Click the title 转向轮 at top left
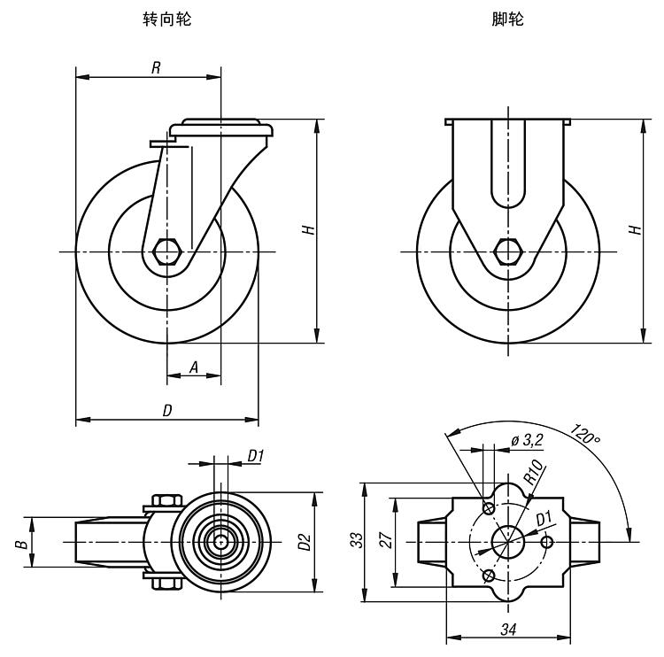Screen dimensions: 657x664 click(166, 19)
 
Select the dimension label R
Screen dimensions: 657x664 click(155, 68)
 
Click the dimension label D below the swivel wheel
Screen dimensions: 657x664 click(166, 410)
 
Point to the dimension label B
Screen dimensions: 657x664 click(19, 541)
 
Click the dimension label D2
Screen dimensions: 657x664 click(304, 541)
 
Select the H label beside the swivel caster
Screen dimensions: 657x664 click(307, 229)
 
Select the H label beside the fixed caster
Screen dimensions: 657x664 click(634, 229)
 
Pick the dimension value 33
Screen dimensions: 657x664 click(353, 541)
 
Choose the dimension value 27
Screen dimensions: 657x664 click(385, 541)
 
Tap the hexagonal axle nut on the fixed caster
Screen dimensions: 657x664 click(508, 251)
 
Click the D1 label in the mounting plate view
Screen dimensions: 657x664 click(544, 517)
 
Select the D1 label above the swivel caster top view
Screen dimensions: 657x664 click(256, 456)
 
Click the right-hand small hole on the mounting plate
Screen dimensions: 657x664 click(547, 541)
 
